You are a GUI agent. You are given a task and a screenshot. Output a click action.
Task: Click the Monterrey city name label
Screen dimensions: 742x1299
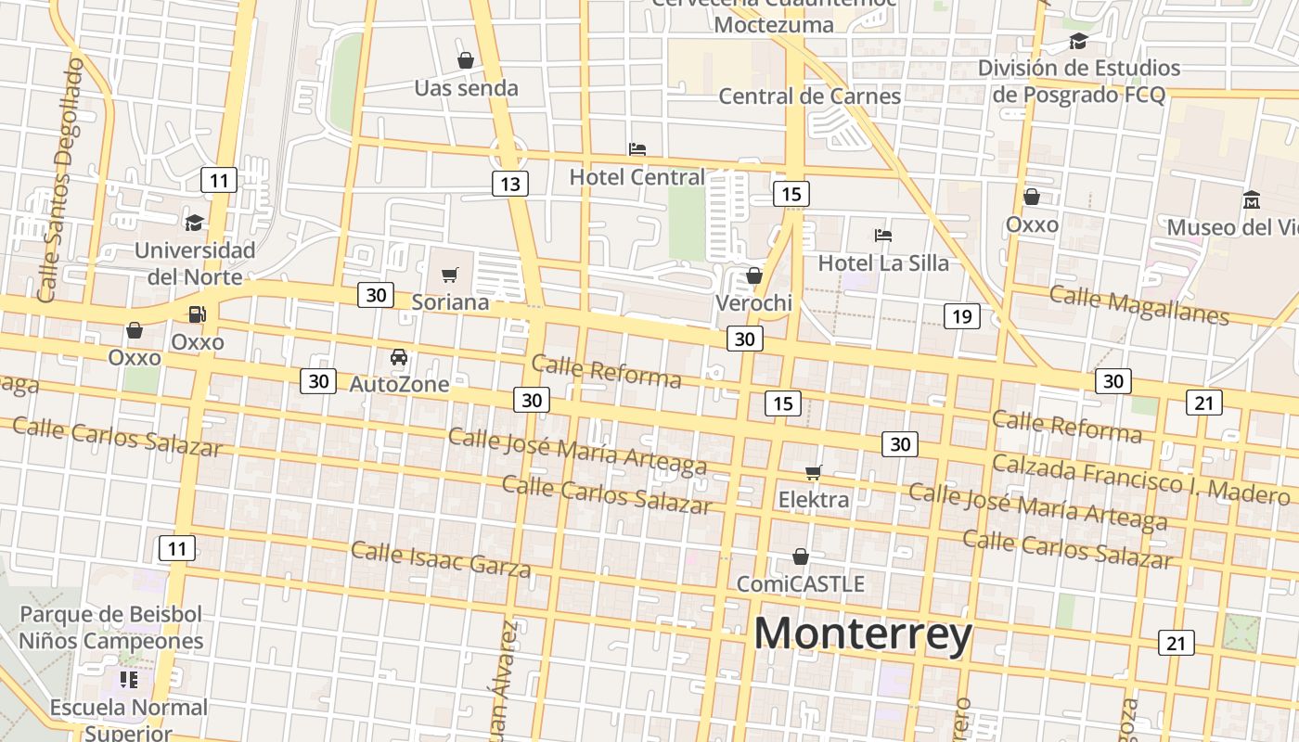coord(863,634)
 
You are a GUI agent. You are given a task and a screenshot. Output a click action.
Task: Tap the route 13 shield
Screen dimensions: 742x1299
coord(509,184)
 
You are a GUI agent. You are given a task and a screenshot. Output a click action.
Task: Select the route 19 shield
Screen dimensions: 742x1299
coord(961,316)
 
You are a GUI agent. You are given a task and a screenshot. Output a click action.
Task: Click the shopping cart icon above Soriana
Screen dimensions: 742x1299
coord(450,275)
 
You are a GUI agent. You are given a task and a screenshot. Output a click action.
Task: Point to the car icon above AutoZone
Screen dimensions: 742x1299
coord(399,357)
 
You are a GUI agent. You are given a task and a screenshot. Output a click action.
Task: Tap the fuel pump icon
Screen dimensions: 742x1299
coord(197,314)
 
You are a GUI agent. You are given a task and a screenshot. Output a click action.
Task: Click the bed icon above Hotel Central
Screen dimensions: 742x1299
coord(637,148)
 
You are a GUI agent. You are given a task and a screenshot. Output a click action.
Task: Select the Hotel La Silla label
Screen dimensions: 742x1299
coord(883,262)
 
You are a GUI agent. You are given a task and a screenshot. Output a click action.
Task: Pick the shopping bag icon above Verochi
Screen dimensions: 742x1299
coord(754,275)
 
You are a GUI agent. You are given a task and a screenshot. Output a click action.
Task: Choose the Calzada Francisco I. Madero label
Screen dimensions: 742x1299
coord(1140,478)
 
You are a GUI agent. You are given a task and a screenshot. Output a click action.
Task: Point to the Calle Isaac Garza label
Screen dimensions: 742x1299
coord(441,558)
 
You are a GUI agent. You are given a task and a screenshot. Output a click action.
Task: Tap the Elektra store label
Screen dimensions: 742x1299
coord(813,500)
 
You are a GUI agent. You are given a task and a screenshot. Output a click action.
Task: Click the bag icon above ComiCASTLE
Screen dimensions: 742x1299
coord(800,556)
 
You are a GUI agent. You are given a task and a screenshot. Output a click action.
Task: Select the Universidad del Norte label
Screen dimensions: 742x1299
coord(195,263)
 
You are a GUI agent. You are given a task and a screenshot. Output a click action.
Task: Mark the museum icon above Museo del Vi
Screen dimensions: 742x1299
coord(1251,199)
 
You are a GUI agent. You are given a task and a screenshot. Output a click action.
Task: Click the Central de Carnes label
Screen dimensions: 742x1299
coord(809,96)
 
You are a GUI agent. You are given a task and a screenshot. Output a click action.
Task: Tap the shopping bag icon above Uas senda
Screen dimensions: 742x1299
coord(466,60)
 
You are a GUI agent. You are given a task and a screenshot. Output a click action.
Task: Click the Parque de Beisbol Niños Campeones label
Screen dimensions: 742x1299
coord(111,627)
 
